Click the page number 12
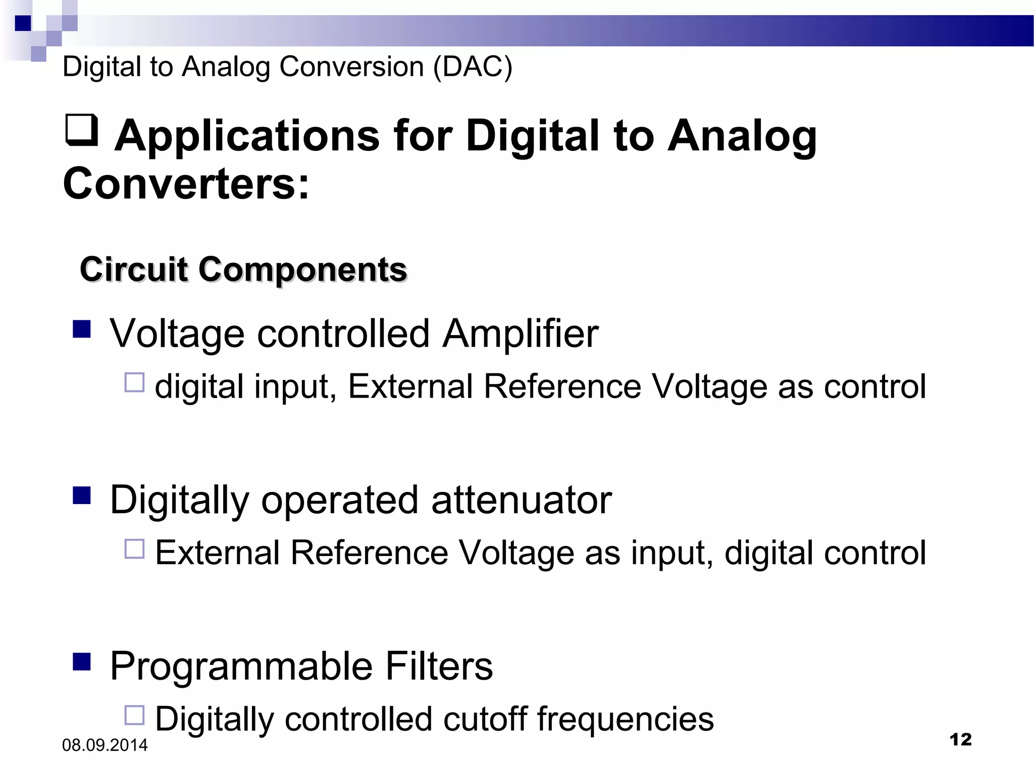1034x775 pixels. [960, 740]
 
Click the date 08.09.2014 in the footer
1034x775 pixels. [105, 745]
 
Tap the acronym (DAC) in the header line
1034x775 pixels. [473, 67]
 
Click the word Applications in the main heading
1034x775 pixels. [247, 136]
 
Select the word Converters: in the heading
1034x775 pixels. [186, 184]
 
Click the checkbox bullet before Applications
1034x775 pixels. [81, 130]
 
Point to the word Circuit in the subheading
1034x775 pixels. [134, 269]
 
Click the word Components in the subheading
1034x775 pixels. [302, 269]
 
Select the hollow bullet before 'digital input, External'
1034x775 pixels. [134, 382]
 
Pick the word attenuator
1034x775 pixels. [522, 500]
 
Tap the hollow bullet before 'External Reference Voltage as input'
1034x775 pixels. [134, 549]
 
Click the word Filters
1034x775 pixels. [439, 666]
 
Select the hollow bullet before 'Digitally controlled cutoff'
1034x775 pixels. [134, 715]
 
